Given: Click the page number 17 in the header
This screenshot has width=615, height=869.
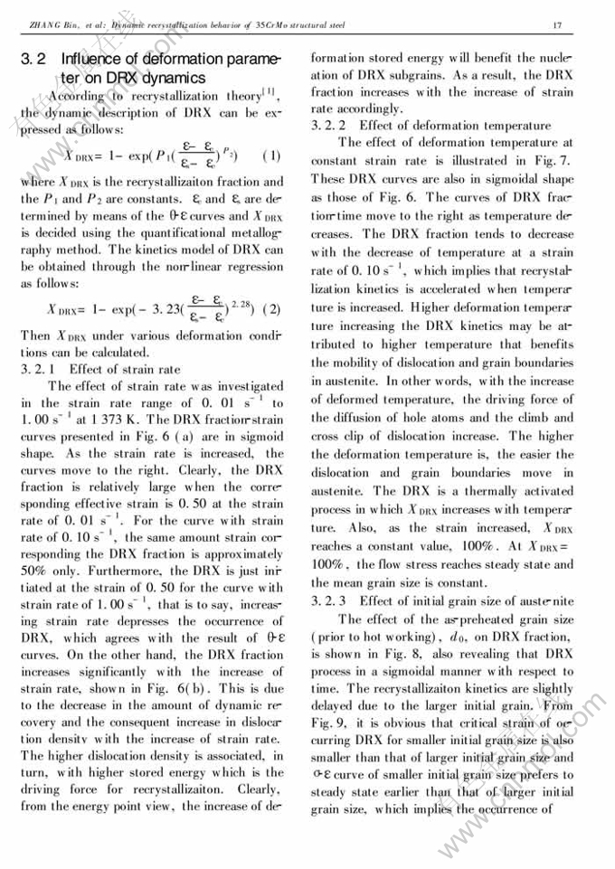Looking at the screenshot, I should click(x=557, y=24).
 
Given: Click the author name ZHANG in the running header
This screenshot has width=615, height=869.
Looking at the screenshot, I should click(x=43, y=24).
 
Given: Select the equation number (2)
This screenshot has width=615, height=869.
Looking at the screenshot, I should click(x=271, y=308).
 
